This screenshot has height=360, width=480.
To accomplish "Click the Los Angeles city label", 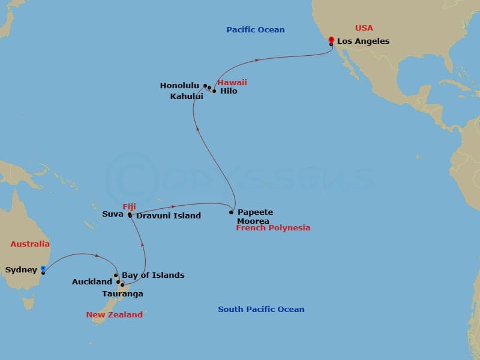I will tap(363, 41).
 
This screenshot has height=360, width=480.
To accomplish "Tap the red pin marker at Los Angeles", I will tap(331, 41).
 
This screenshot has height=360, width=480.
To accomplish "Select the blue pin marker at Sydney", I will tap(43, 269).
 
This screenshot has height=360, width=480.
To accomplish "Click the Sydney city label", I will tap(21, 270).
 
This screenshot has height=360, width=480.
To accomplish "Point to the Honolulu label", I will tap(179, 86).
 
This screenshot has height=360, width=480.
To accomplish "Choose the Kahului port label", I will tap(186, 96).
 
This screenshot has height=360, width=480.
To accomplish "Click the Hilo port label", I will tap(229, 91).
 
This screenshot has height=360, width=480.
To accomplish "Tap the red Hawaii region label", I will tap(232, 82).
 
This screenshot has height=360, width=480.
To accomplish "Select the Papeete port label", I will tap(255, 212).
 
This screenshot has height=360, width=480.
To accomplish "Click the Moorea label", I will tap(253, 221).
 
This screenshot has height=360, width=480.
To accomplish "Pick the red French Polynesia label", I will tap(273, 228).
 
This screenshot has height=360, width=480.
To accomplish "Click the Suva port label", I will tap(113, 214).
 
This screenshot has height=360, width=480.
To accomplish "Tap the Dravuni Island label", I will tap(169, 216).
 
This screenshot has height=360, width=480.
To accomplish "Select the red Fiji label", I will tap(130, 206).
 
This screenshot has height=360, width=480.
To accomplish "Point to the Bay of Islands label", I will tap(153, 275).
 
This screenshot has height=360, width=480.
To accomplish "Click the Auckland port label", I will tap(92, 282).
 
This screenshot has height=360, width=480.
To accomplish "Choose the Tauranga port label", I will tap(124, 295).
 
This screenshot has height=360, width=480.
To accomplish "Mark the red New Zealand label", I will tap(114, 314).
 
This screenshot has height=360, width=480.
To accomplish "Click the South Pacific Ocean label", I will tap(261, 310).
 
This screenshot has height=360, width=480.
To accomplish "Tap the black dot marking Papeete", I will tap(231, 212).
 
